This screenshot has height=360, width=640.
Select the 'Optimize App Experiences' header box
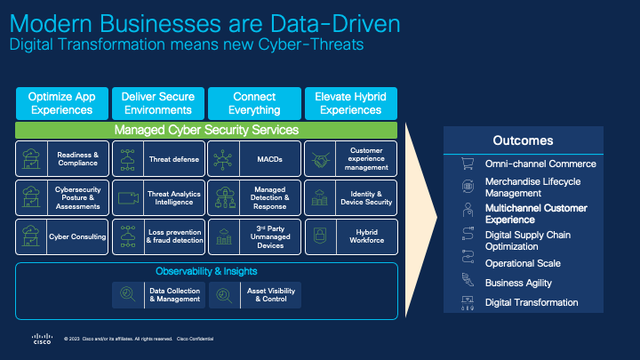61,103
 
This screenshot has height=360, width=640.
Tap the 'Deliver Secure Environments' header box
157,103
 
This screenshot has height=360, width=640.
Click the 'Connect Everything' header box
254,103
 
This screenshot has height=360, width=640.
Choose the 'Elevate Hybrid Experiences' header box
350,103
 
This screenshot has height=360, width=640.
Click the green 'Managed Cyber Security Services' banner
206,130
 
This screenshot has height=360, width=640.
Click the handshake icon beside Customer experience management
318,160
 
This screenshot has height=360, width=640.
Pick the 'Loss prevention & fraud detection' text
173,236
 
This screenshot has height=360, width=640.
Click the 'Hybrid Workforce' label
366,236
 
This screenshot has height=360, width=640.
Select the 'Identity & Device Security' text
366,197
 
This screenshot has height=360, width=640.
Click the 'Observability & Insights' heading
206,271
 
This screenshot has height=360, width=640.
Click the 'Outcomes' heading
523,140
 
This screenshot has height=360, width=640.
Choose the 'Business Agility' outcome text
518,283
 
